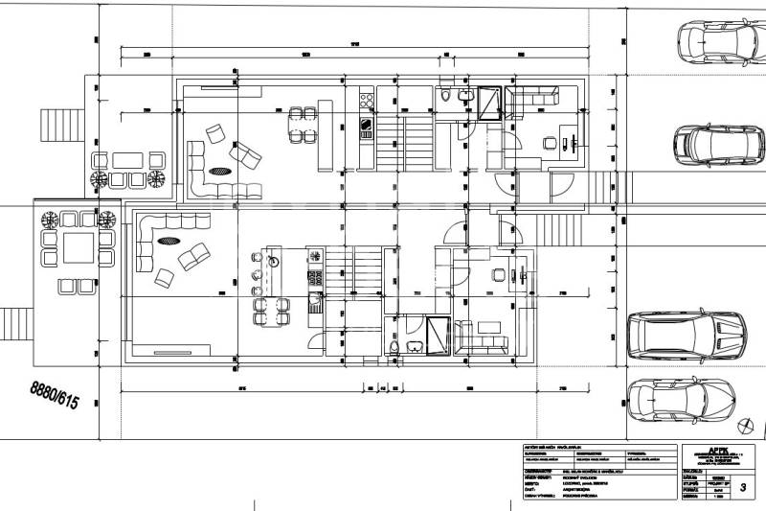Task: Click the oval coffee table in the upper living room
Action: (x=221, y=173)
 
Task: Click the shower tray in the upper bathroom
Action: (x=490, y=100)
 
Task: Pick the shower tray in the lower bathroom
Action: (x=436, y=335)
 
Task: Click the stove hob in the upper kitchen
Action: (x=365, y=125)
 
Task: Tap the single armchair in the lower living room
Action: (x=163, y=277)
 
